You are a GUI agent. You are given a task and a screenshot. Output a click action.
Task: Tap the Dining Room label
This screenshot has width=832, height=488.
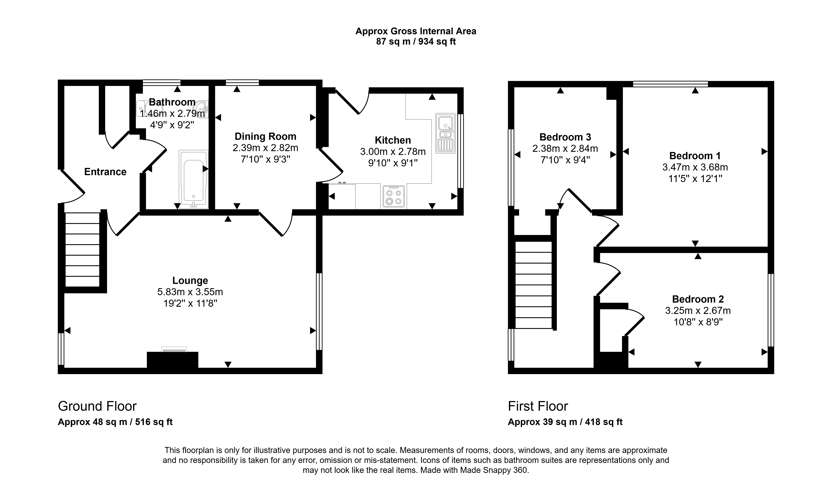[x=265, y=136]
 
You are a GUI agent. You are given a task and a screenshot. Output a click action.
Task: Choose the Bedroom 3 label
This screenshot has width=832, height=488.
[x=565, y=137]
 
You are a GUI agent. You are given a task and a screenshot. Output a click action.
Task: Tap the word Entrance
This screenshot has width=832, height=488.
[x=105, y=172]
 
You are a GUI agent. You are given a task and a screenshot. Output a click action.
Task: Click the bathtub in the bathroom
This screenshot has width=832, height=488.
[x=194, y=179]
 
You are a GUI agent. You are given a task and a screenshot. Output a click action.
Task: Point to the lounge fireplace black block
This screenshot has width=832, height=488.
[x=172, y=360]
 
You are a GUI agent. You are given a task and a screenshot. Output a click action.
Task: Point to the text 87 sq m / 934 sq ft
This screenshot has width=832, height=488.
[x=416, y=42]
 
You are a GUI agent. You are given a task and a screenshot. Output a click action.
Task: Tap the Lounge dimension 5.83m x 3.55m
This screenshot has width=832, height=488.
[x=190, y=292]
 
